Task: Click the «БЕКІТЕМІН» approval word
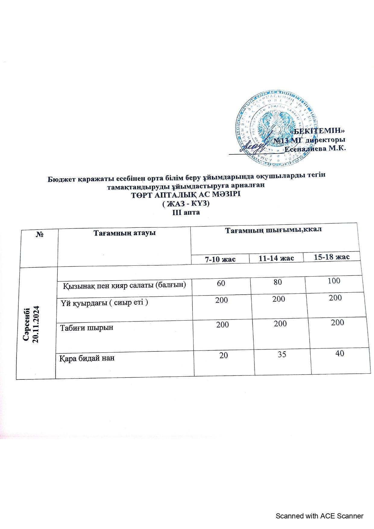[319, 131]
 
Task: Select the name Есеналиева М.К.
[315, 149]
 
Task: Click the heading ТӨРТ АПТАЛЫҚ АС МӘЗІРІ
[186, 195]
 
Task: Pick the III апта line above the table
[186, 212]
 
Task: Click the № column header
[39, 234]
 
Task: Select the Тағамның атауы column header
[124, 233]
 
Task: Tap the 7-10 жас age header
[220, 259]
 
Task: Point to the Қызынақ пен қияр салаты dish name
[124, 285]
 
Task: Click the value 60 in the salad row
[221, 283]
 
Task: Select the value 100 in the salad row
[334, 281]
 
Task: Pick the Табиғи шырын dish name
[87, 328]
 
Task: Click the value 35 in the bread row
[282, 354]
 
